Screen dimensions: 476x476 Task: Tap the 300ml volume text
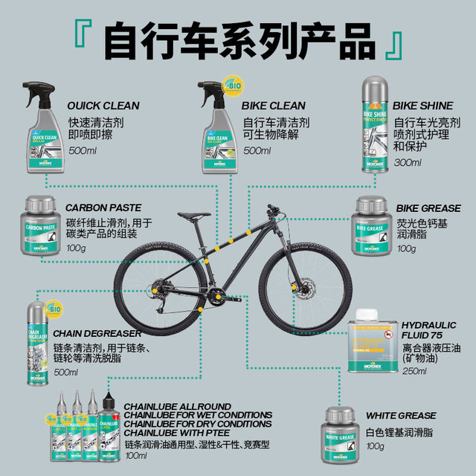[408, 162]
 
